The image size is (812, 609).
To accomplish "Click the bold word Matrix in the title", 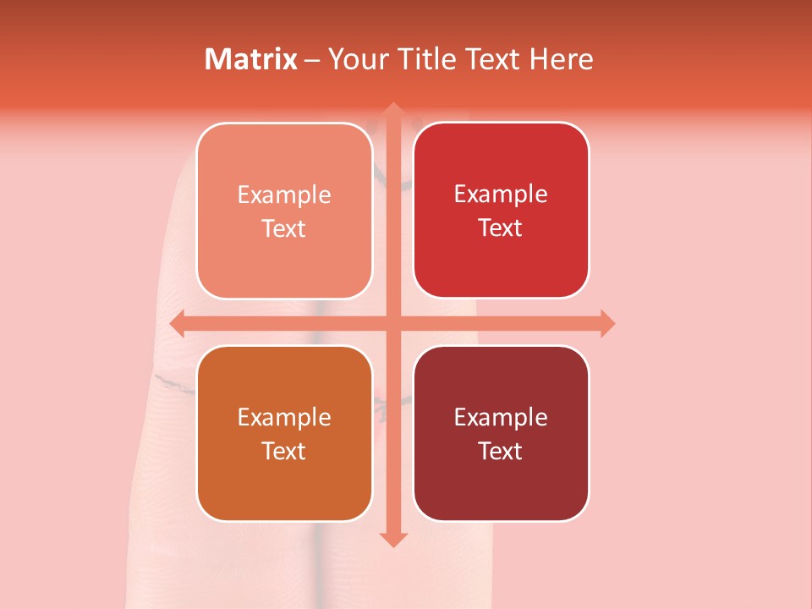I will pyautogui.click(x=251, y=59).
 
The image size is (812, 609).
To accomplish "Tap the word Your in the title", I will pyautogui.click(x=356, y=59).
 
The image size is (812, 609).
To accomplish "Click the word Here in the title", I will pyautogui.click(x=562, y=59).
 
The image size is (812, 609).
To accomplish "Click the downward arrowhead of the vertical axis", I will pyautogui.click(x=392, y=540).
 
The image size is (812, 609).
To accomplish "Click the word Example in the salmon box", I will pyautogui.click(x=284, y=195).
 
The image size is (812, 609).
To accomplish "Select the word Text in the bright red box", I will pyautogui.click(x=501, y=228).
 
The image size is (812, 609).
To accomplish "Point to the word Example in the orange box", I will pyautogui.click(x=284, y=418).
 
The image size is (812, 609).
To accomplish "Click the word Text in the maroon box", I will pyautogui.click(x=501, y=452).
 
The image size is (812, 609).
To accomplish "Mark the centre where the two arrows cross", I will pyautogui.click(x=392, y=323).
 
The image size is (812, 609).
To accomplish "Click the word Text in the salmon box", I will pyautogui.click(x=284, y=229).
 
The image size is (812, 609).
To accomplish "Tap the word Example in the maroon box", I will pyautogui.click(x=501, y=418).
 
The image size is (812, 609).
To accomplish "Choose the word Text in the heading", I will pyautogui.click(x=490, y=59).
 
